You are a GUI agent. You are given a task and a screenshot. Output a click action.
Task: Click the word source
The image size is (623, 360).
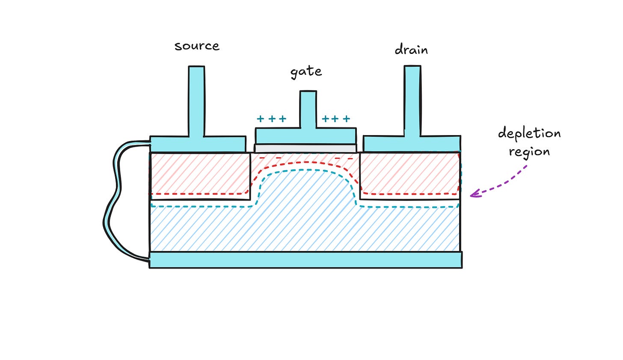point(197,46)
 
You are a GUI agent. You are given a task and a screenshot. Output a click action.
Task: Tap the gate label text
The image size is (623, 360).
point(306,72)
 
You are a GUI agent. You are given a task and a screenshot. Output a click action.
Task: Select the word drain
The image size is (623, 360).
point(411,50)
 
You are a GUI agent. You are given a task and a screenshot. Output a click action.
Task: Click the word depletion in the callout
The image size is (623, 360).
point(529,134)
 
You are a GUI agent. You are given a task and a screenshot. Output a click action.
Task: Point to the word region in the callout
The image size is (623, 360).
point(529,152)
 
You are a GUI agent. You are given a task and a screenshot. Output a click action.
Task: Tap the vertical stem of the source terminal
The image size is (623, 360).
point(196,101)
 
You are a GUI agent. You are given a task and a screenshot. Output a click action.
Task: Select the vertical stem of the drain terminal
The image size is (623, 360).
point(412,101)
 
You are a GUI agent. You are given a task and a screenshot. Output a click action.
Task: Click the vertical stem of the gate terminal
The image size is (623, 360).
point(308,109)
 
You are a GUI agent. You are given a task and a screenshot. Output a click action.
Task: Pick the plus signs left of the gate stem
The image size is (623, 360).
point(271,119)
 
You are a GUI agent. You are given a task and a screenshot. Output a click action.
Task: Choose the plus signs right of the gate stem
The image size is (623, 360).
point(336,119)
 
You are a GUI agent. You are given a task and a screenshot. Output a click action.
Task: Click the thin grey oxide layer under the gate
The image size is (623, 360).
point(306,148)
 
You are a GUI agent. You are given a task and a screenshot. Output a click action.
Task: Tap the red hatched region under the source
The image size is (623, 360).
point(199,173)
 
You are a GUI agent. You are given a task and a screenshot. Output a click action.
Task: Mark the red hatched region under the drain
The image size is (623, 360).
point(409,173)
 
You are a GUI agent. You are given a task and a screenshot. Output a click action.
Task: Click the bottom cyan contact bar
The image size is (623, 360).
point(306,260)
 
